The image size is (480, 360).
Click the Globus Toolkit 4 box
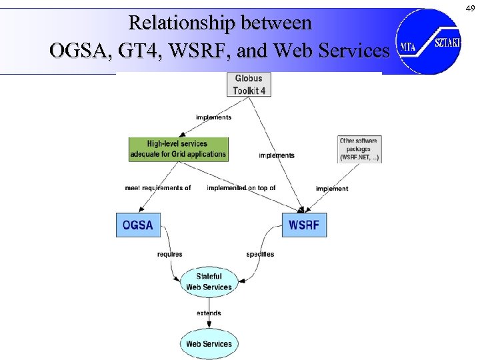pyautogui.click(x=249, y=85)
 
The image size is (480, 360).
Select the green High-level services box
pyautogui.click(x=178, y=149)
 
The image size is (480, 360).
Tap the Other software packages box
pyautogui.click(x=359, y=149)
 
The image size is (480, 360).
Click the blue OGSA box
pyautogui.click(x=138, y=225)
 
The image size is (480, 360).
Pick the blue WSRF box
pyautogui.click(x=304, y=225)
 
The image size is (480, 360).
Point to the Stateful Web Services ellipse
pyautogui.click(x=209, y=282)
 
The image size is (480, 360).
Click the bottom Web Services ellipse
pyautogui.click(x=209, y=344)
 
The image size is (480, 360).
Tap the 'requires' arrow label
pyautogui.click(x=170, y=255)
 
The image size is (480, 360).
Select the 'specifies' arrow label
pyautogui.click(x=260, y=255)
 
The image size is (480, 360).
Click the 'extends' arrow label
pyautogui.click(x=209, y=313)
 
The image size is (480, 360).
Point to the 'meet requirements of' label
pyautogui.click(x=158, y=188)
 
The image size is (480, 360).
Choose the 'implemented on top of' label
pyautogui.click(x=241, y=188)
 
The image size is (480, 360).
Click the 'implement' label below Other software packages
pyautogui.click(x=332, y=189)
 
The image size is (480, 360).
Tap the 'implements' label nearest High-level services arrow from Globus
pyautogui.click(x=213, y=117)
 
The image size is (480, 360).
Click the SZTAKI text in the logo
pyautogui.click(x=447, y=42)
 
